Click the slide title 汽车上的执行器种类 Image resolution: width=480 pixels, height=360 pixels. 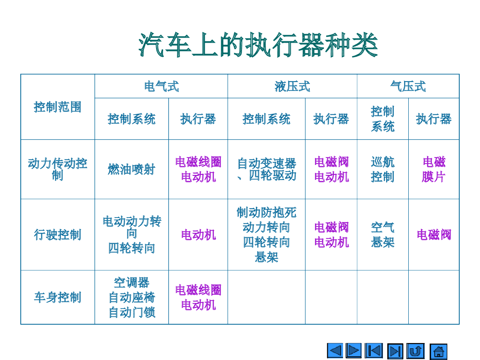click(258, 45)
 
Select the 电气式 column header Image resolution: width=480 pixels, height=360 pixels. click(161, 86)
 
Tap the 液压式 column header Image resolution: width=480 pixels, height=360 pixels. click(292, 86)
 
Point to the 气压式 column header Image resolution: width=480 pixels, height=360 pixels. click(408, 86)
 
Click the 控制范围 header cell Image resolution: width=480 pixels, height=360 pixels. click(58, 107)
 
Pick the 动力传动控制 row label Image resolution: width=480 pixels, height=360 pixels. click(58, 169)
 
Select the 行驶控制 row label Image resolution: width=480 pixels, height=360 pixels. click(58, 234)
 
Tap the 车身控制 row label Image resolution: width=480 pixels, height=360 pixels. click(58, 297)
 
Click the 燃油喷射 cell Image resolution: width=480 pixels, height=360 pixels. click(131, 169)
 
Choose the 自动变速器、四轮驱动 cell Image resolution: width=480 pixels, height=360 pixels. click(266, 169)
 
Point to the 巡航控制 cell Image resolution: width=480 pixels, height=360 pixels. click(382, 169)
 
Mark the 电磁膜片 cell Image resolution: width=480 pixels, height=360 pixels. click(434, 169)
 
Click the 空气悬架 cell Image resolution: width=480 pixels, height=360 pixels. click(382, 234)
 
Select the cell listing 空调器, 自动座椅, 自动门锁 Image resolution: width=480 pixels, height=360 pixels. click(131, 297)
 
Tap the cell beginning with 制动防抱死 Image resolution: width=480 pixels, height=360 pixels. click(266, 234)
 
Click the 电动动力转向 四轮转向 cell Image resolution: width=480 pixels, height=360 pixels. click(131, 234)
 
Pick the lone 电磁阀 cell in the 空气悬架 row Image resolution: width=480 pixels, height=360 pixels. click(434, 234)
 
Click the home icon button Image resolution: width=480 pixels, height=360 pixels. click(438, 351)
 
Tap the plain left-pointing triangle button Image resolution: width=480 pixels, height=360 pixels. click(335, 351)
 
